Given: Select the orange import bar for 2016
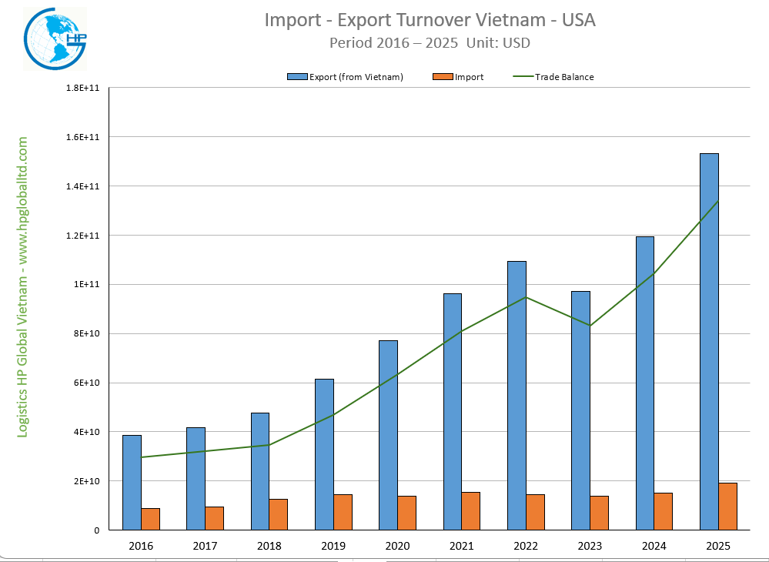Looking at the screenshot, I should coord(151,519).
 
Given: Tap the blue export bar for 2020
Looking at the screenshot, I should coord(389,435).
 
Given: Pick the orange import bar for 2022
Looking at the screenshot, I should coord(535,512).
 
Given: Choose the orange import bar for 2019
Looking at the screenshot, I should coord(343,512).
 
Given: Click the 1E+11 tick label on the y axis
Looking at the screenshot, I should coord(89,284).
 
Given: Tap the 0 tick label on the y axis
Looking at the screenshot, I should coord(97,530).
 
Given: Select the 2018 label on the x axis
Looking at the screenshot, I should coord(269,545).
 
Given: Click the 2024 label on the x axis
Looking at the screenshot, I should coord(654,545).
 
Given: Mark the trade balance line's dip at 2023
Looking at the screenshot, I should coord(590,326).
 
